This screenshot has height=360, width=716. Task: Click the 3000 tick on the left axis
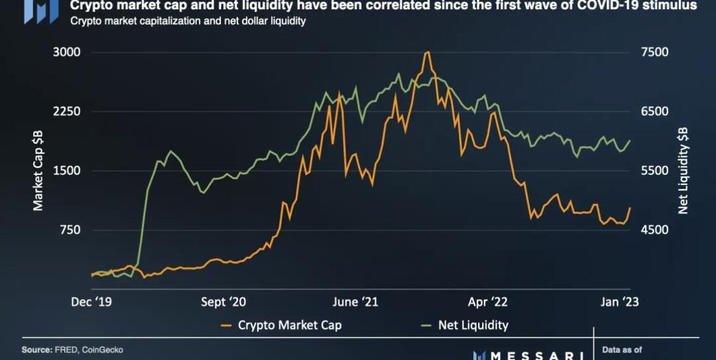tap(66, 52)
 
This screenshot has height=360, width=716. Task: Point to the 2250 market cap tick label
tap(66, 111)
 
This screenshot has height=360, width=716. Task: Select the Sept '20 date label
tap(223, 302)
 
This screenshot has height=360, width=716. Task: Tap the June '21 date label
tap(355, 302)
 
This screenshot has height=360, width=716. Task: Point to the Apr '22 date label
tap(487, 302)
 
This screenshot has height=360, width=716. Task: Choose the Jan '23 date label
tap(619, 302)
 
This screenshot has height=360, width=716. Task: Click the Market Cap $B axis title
tap(38, 171)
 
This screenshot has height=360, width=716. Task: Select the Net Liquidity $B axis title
tap(684, 171)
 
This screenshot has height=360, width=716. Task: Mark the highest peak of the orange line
tap(428, 52)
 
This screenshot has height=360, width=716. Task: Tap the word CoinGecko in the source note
tap(103, 349)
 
